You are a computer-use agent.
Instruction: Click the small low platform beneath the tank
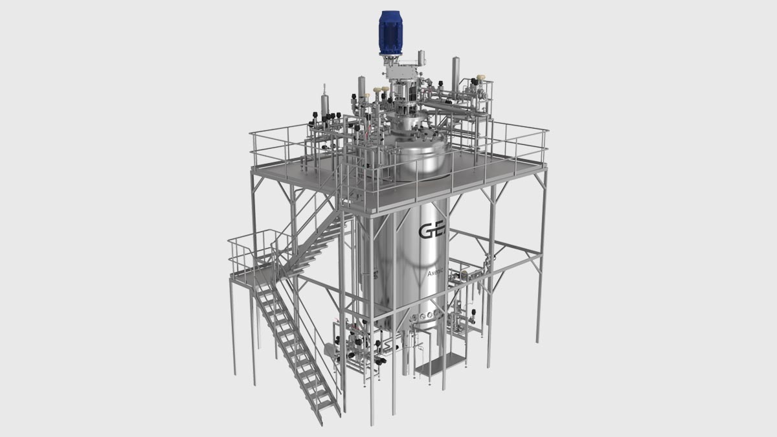click(440, 366)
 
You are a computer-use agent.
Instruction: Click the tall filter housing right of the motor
click(455, 71)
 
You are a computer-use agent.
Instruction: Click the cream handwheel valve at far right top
click(481, 78)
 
